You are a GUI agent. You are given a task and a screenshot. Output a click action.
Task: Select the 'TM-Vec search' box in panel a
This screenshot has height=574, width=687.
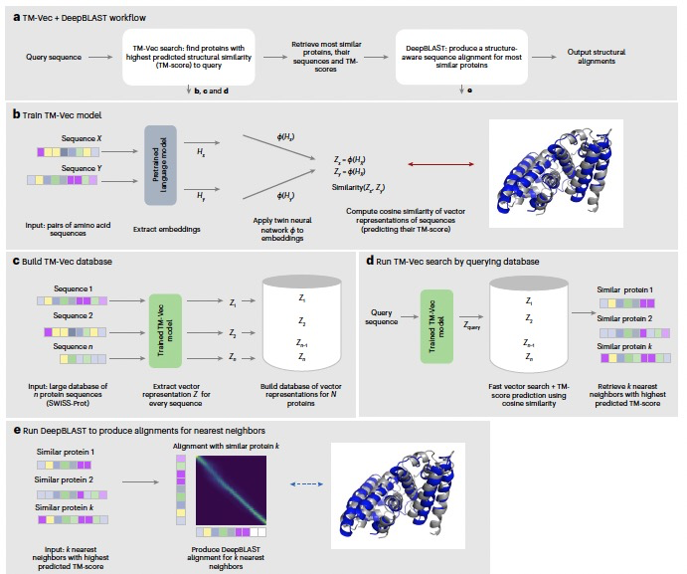(187, 53)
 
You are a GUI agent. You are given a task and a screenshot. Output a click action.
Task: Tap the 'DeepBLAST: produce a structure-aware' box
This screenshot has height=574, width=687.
(462, 53)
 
